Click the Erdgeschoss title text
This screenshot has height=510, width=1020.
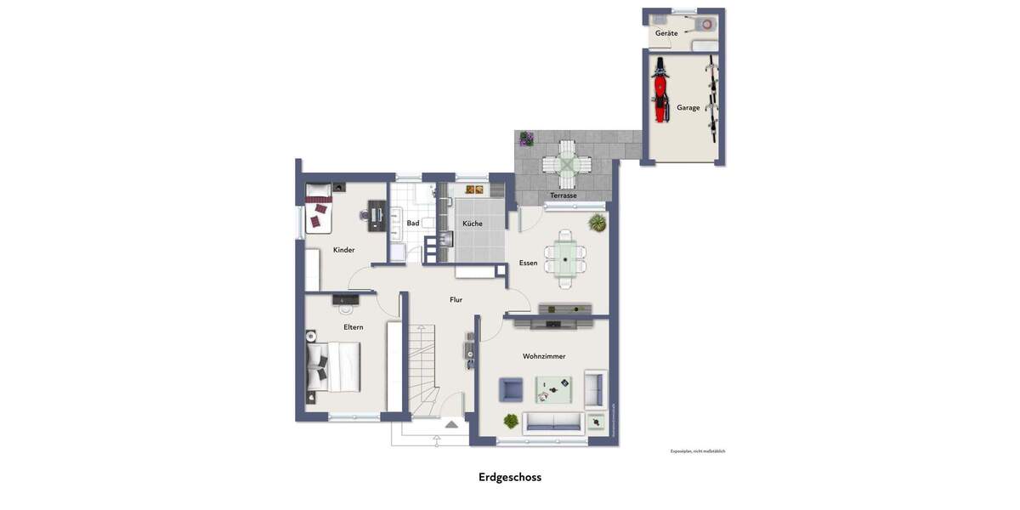coord(510,477)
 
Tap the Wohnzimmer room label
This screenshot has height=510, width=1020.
coord(544,356)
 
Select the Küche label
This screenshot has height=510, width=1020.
coord(473,224)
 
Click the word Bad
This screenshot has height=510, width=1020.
coord(413,224)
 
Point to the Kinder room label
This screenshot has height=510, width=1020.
coord(343,250)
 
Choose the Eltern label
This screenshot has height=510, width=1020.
coord(354,327)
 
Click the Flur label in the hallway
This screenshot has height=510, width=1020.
coord(456,299)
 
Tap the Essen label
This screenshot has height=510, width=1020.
coord(529,263)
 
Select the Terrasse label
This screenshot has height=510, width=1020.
coord(563,195)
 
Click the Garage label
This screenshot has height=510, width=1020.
coord(688,108)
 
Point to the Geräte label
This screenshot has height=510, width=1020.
coord(666,33)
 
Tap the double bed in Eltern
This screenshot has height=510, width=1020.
coord(334,366)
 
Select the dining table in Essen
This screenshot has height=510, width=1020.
coord(565,257)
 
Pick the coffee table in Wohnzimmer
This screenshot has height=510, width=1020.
coord(553,389)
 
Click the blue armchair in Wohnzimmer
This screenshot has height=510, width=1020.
coord(511,389)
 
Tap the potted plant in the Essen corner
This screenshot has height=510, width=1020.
coord(597,223)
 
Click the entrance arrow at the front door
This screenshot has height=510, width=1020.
coord(451,423)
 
